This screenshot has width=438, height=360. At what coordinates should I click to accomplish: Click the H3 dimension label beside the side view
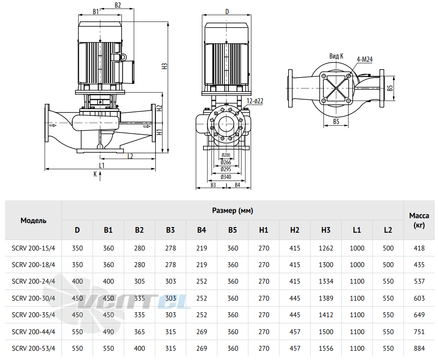[165, 66]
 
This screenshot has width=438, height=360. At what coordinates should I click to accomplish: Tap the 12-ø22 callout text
[255, 101]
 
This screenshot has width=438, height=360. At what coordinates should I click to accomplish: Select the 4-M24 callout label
[365, 59]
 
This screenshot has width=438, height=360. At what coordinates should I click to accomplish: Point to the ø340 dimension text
[226, 177]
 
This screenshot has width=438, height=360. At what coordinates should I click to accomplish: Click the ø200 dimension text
[226, 155]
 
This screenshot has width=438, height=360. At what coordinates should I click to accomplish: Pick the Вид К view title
[336, 56]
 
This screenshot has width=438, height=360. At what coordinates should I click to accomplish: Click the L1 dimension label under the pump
[102, 166]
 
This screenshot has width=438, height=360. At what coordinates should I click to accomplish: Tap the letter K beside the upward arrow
[95, 174]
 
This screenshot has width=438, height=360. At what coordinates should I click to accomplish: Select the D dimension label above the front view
[227, 11]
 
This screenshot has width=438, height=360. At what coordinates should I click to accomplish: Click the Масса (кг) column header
[419, 220]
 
